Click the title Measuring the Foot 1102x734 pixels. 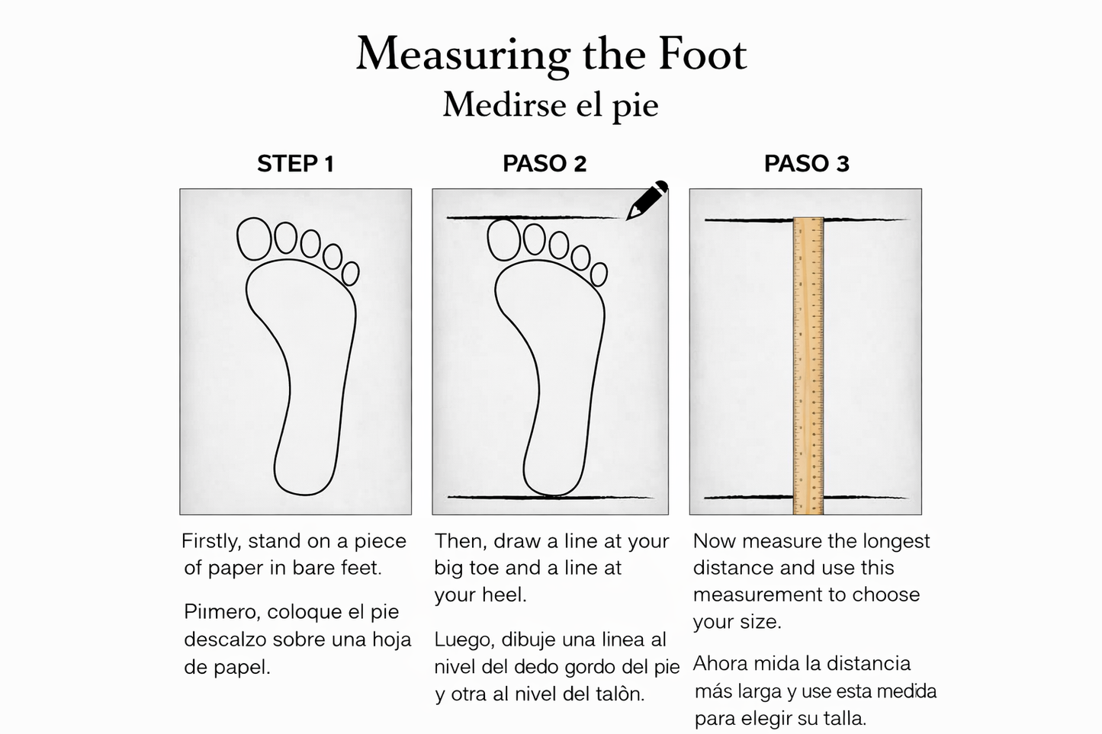point(551,55)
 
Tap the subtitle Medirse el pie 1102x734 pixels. point(551,105)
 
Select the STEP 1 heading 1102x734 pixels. point(296,164)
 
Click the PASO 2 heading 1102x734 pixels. point(545,164)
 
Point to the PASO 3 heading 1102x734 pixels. point(807,164)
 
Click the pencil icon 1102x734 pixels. point(647,200)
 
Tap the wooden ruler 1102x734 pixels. point(808,367)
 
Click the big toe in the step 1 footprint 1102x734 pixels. point(254,239)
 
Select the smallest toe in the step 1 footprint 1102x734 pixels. point(350,274)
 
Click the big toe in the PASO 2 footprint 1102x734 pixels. point(504,239)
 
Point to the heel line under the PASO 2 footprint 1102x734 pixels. point(551,498)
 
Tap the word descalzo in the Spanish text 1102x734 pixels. point(225,639)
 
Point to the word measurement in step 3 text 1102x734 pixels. point(757,595)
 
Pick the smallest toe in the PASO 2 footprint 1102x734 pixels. point(599,275)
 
